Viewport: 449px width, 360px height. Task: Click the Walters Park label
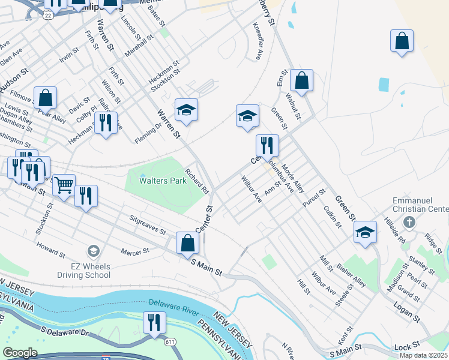click(163, 180)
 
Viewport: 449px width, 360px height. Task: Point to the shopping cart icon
click(64, 184)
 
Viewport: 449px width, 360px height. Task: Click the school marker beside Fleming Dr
click(187, 110)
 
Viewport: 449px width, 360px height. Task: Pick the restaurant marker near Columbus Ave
click(267, 145)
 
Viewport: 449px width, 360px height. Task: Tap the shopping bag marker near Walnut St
click(301, 80)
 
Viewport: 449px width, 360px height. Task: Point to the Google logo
click(20, 353)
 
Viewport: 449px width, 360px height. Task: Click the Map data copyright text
click(424, 355)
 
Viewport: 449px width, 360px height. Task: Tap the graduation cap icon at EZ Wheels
click(93, 250)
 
